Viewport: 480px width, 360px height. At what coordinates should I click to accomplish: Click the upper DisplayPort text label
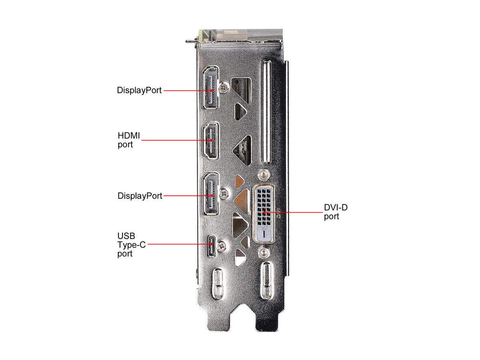[x=139, y=90]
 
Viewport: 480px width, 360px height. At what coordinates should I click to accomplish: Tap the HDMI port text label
[x=128, y=140]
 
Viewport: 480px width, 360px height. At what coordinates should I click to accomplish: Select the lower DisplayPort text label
[x=140, y=196]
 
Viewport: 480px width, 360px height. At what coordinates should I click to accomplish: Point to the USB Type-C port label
[x=131, y=245]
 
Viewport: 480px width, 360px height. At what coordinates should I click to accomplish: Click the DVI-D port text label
[x=336, y=212]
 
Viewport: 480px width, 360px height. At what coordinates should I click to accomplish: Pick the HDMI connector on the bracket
[x=210, y=141]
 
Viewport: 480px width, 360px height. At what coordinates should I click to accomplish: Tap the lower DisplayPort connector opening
[x=211, y=194]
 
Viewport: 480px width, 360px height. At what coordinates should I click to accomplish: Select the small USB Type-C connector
[x=211, y=246]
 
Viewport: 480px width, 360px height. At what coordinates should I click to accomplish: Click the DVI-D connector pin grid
[x=264, y=207]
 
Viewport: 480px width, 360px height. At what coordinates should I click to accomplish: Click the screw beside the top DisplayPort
[x=224, y=88]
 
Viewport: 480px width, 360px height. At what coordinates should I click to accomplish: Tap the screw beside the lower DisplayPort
[x=224, y=194]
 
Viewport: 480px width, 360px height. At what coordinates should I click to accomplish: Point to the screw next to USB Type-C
[x=222, y=246]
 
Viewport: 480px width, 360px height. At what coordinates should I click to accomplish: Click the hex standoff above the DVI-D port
[x=264, y=175]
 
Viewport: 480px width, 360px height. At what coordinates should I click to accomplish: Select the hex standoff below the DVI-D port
[x=264, y=253]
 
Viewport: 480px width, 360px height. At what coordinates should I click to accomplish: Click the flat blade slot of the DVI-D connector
[x=264, y=234]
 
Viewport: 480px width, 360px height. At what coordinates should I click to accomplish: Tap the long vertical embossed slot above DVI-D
[x=266, y=112]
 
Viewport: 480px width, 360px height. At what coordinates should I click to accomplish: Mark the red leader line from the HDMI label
[x=176, y=140]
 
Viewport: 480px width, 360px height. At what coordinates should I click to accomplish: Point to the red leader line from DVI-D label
[x=294, y=212]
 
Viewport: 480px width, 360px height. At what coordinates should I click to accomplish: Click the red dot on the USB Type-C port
[x=211, y=244]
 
